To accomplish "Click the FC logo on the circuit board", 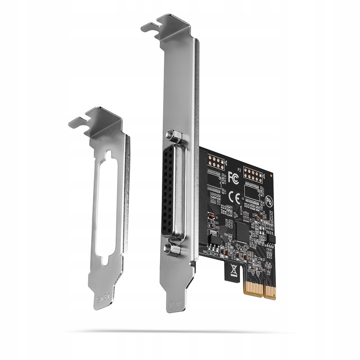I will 233,177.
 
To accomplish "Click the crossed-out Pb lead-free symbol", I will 269,200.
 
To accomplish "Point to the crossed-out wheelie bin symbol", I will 233,270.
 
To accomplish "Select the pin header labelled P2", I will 253,175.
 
